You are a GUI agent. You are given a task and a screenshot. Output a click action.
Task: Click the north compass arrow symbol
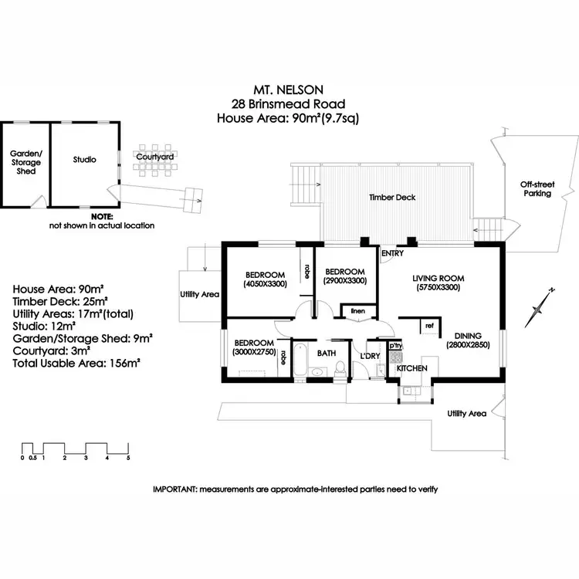tap(540, 307)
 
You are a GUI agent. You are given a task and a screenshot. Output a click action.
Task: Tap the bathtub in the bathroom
tap(300, 359)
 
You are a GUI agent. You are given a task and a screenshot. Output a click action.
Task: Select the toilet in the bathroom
tap(340, 369)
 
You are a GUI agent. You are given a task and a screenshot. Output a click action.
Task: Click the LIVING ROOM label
tap(438, 279)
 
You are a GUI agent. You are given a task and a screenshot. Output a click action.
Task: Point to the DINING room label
tap(468, 336)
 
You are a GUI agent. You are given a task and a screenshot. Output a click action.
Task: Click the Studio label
tap(85, 160)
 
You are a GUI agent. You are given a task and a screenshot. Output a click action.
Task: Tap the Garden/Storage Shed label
tap(25, 162)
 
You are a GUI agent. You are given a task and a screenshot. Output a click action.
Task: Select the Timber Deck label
tap(392, 198)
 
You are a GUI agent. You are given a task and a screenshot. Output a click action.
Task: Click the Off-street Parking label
tap(537, 188)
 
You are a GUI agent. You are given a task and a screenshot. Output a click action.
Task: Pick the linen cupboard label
tap(357, 311)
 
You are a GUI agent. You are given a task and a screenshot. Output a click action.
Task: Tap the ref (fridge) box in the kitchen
tap(430, 327)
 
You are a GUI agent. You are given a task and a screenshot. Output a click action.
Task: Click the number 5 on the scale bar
tap(128, 458)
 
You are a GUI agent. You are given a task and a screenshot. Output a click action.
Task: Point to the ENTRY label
tap(392, 253)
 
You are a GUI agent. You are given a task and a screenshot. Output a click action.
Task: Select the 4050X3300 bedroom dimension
tap(265, 284)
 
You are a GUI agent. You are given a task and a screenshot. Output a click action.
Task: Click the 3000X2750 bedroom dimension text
tap(255, 352)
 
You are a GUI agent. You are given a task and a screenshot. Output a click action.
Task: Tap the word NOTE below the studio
tap(102, 217)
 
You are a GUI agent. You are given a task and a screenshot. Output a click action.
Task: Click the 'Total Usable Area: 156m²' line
tap(76, 364)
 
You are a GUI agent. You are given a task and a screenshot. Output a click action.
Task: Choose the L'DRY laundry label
tap(370, 356)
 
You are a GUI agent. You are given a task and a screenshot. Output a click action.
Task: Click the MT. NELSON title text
tap(289, 90)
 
